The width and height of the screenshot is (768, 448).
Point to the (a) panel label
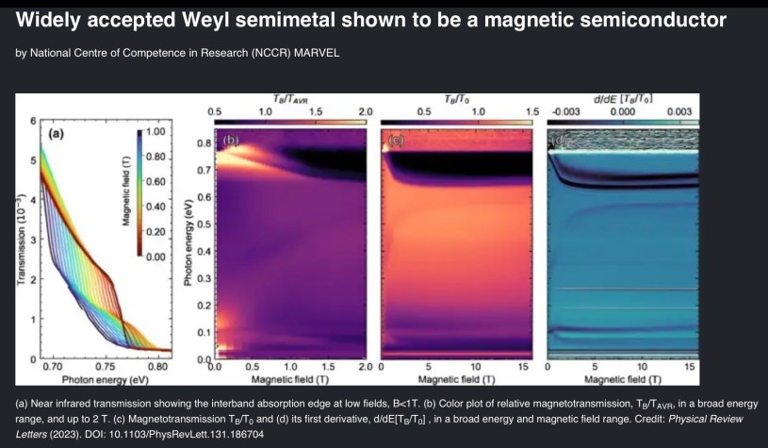56,134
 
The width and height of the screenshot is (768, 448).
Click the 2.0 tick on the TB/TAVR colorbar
366,110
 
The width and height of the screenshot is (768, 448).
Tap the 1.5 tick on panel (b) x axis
327,366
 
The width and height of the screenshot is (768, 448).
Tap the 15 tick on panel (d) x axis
688,366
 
